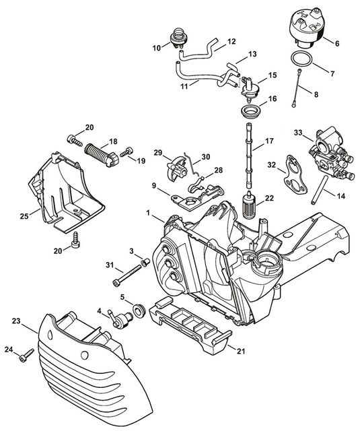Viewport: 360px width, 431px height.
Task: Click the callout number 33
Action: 298,133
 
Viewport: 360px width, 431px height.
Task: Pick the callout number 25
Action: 24,216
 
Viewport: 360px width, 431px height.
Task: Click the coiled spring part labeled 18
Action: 102,154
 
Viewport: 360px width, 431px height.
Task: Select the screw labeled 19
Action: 127,152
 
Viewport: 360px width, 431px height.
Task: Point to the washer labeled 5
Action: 139,310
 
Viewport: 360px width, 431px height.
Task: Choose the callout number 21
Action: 240,351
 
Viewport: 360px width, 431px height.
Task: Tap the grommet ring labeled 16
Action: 250,112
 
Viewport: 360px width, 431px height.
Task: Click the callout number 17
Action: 269,141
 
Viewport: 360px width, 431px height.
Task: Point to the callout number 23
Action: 16,321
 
